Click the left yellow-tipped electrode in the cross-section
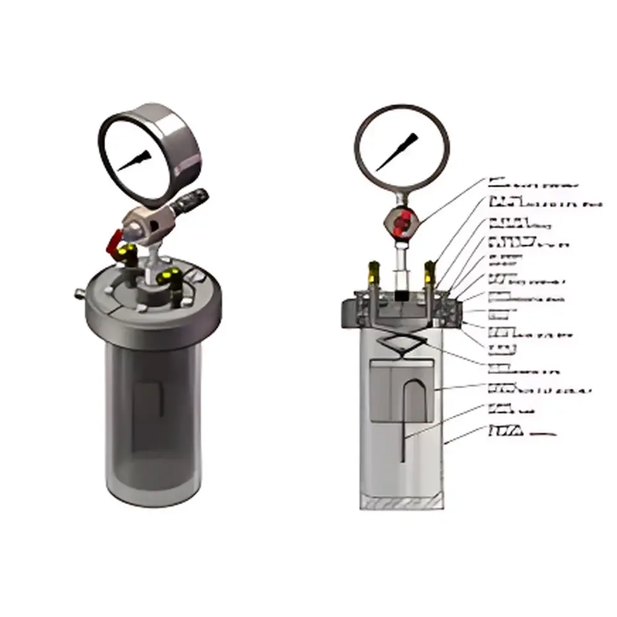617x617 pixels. pos(372,272)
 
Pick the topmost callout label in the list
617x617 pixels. pos(533,184)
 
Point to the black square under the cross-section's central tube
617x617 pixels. pos(401,296)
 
